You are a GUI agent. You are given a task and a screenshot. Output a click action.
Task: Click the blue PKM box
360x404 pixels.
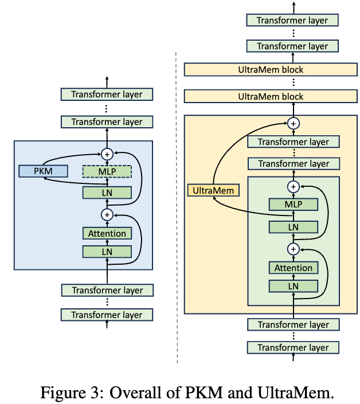pyautogui.click(x=43, y=171)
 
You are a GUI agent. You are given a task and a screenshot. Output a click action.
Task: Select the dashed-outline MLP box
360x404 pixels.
pyautogui.click(x=107, y=171)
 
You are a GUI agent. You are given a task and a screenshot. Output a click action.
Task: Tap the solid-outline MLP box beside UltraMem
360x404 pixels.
pyautogui.click(x=293, y=205)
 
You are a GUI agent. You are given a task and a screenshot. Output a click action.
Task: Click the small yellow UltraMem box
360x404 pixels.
pyautogui.click(x=213, y=190)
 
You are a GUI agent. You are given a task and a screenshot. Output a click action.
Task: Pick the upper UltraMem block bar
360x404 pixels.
pyautogui.click(x=270, y=70)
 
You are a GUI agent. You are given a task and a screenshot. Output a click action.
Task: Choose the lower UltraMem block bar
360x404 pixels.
pyautogui.click(x=270, y=97)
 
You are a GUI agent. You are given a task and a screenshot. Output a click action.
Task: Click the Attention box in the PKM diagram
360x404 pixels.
pyautogui.click(x=107, y=233)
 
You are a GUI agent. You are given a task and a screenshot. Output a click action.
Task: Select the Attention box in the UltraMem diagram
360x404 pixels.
pyautogui.click(x=293, y=268)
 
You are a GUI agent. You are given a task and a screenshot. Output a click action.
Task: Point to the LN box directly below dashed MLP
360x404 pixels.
pyautogui.click(x=107, y=193)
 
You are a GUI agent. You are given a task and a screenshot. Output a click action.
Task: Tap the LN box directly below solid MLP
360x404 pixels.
pyautogui.click(x=293, y=227)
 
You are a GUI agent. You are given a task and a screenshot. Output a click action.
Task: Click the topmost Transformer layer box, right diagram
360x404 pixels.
pyautogui.click(x=292, y=20)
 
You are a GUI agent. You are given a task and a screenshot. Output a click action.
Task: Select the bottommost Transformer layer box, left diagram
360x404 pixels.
pyautogui.click(x=107, y=315)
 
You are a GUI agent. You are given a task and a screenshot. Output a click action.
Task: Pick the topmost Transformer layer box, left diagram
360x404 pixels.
pyautogui.click(x=107, y=94)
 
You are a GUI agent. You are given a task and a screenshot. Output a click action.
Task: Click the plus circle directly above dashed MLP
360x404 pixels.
pyautogui.click(x=107, y=153)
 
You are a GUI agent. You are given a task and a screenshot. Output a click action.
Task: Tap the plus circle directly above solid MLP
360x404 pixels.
pyautogui.click(x=293, y=187)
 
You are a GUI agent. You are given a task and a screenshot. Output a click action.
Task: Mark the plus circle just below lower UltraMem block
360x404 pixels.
pyautogui.click(x=293, y=123)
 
